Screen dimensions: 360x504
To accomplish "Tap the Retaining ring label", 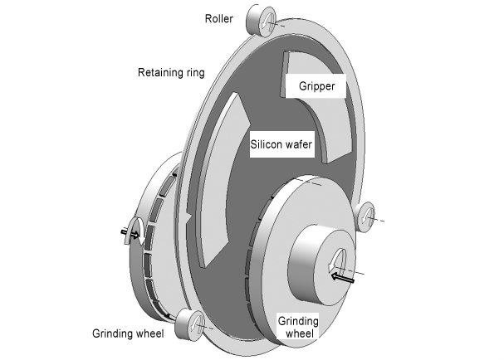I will [170, 72].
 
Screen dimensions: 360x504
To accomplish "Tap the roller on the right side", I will [367, 216].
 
